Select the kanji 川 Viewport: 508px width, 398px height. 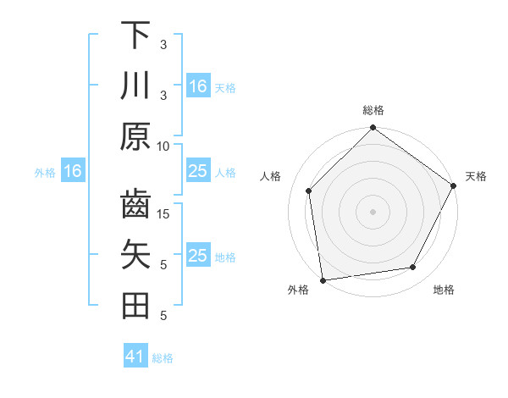135,86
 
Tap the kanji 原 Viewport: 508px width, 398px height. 135,136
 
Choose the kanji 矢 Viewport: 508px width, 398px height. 135,255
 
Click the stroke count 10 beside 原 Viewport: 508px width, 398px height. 163,146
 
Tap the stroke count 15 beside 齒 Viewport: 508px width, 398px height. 163,213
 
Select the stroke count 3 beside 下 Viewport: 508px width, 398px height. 163,44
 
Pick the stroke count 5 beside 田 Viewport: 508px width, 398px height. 163,315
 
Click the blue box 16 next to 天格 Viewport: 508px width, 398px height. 198,86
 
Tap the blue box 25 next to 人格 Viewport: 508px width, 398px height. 198,171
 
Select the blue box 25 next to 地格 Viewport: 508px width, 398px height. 198,256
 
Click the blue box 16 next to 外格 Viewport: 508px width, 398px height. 73,171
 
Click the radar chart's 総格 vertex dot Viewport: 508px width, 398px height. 373,129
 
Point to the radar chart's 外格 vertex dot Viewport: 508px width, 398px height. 323,279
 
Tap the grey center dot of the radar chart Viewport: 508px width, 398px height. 373,211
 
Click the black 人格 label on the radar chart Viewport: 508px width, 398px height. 272,176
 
